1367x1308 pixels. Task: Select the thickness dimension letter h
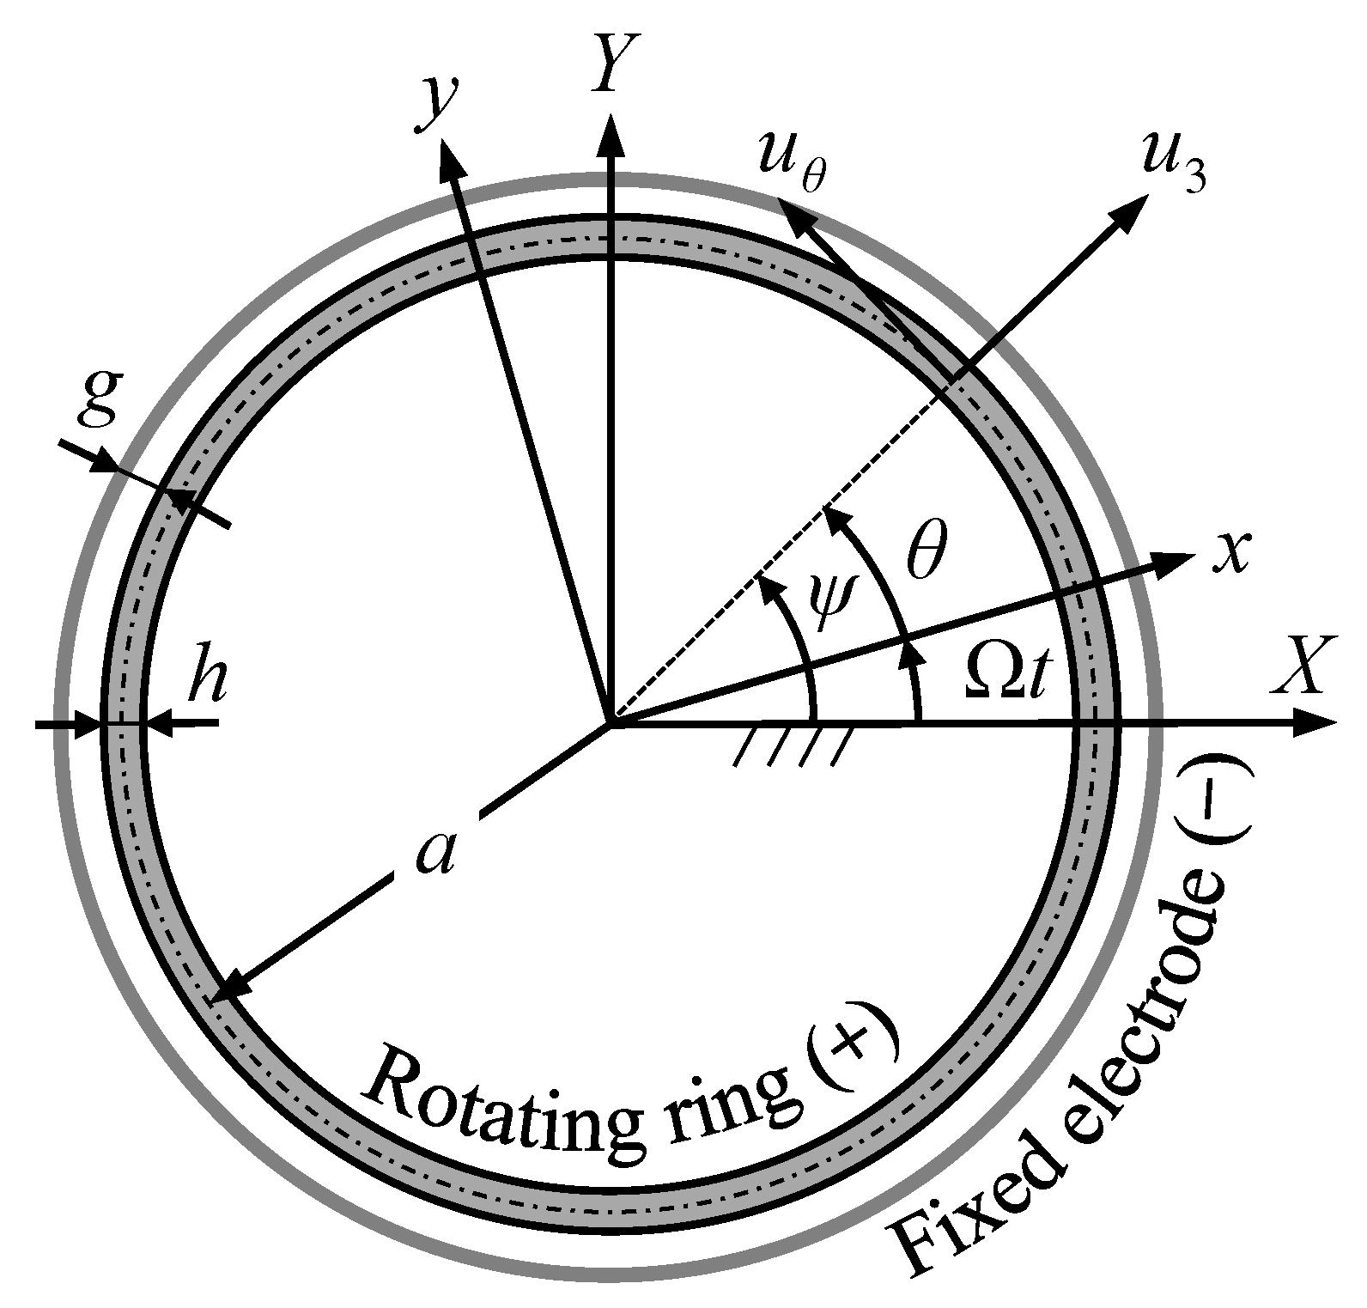(x=207, y=679)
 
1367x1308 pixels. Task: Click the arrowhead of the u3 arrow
(x=1131, y=209)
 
